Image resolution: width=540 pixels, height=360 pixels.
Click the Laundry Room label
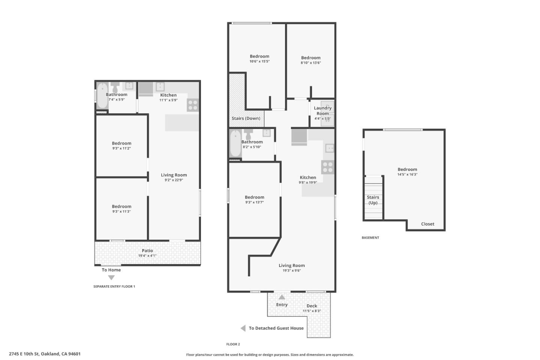[322, 111]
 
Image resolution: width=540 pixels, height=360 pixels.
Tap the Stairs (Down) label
[246, 118]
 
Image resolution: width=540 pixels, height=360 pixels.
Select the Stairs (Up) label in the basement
[373, 200]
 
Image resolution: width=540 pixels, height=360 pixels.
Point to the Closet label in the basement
[427, 224]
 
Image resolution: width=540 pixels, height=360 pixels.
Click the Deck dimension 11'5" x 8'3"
[312, 311]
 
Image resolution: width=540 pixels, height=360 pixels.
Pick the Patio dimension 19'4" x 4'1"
[147, 256]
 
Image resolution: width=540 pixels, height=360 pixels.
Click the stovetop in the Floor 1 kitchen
[193, 105]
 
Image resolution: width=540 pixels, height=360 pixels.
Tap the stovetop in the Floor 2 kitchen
[327, 167]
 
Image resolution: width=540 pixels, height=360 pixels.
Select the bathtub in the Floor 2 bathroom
[235, 144]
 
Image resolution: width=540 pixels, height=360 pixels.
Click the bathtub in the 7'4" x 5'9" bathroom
[102, 96]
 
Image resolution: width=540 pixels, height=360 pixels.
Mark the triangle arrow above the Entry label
[282, 297]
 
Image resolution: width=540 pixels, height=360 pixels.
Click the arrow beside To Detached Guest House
[243, 328]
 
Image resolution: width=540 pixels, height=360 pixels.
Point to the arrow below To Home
[111, 278]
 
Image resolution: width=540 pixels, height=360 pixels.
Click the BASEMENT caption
[370, 238]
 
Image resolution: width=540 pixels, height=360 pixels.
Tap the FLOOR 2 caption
[233, 344]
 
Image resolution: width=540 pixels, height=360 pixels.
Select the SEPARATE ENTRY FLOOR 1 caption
[114, 286]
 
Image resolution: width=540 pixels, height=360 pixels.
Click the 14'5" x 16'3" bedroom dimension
[407, 174]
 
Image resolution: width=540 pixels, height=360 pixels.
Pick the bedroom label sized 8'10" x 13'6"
[310, 58]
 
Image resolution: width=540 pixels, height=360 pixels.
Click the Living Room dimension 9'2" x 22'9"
[174, 180]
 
